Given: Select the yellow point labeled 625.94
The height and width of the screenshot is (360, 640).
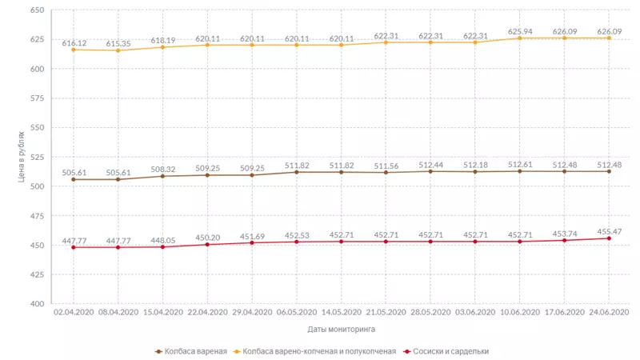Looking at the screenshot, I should (520, 38).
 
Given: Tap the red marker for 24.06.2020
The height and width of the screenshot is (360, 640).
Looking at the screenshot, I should (610, 238).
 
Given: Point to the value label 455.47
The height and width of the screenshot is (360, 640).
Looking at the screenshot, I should (610, 230).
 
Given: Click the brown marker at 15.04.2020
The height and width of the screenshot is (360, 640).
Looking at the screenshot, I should (163, 176).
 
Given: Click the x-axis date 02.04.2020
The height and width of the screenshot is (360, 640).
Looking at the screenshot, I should (74, 312).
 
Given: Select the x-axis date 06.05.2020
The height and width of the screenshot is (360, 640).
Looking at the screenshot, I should (297, 312).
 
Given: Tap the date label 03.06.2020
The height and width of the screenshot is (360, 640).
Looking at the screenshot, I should (475, 312).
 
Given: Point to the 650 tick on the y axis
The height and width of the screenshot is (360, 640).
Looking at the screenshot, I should (37, 10).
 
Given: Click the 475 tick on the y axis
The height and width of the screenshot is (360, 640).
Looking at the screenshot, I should (37, 216).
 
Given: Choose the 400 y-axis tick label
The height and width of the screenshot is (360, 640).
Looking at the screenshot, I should (37, 304).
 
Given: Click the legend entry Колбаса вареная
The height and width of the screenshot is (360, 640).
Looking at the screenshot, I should (191, 351).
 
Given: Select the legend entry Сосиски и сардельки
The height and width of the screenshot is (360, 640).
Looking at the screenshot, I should (447, 351).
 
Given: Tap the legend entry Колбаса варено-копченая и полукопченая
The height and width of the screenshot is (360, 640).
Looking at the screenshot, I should (318, 351).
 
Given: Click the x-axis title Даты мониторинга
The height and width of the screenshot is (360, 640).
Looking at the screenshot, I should (341, 329).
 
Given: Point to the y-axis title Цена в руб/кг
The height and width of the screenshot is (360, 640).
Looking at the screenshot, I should (22, 157).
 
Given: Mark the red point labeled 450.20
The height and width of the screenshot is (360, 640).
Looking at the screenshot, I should (207, 244).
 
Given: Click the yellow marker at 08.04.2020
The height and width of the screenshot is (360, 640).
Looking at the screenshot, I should (118, 50).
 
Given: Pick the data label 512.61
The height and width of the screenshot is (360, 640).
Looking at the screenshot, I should (520, 162).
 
